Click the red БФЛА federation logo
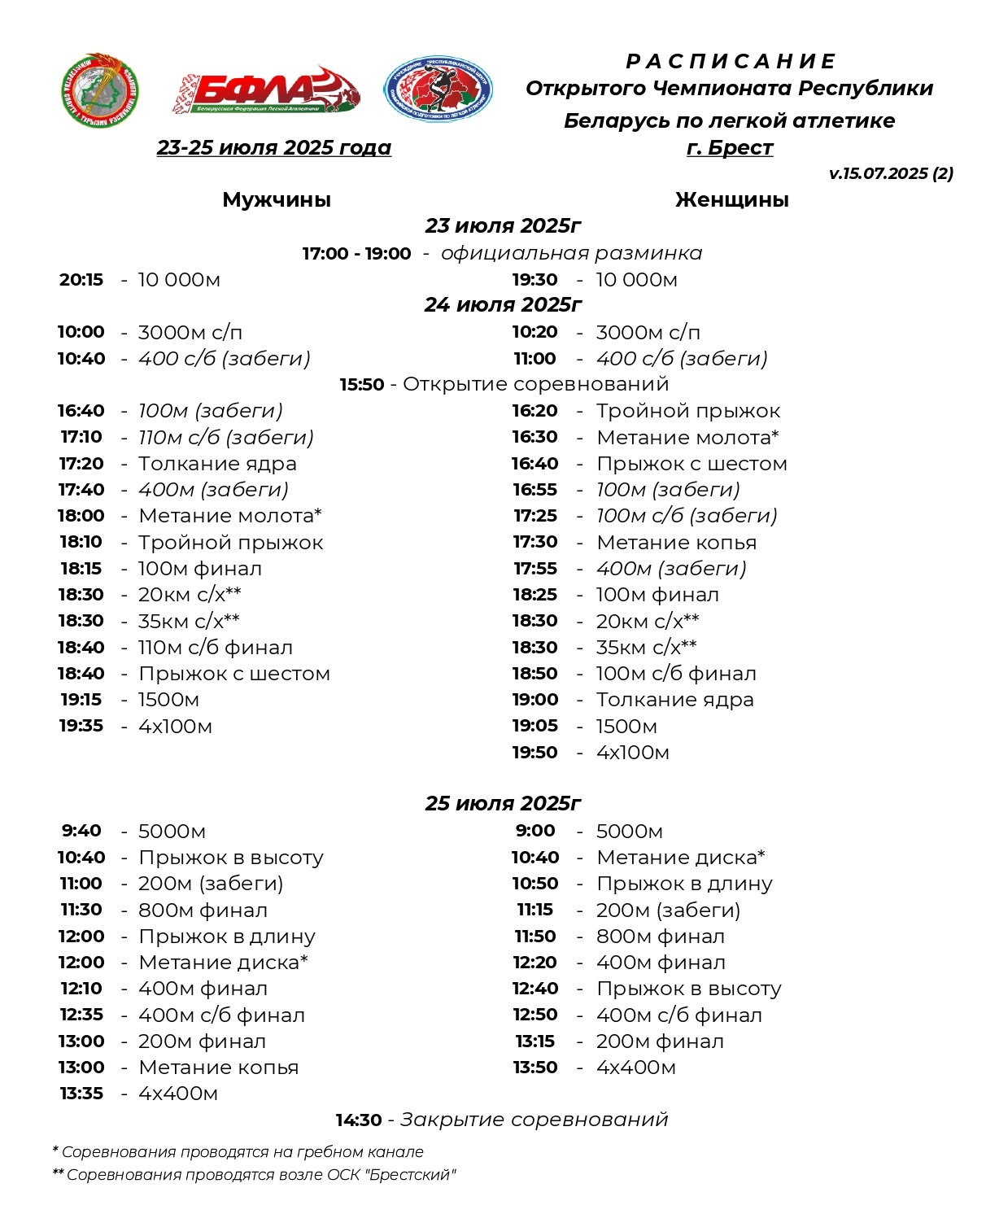(265, 90)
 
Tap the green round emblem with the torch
(99, 90)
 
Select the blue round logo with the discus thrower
(438, 89)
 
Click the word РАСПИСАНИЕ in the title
(730, 62)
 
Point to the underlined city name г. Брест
(730, 148)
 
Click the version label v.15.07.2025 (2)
(891, 173)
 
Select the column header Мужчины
(277, 200)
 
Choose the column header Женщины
(731, 200)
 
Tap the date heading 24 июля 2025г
(503, 305)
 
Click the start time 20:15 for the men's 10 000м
(81, 280)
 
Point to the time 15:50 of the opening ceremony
(361, 384)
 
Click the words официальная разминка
(571, 253)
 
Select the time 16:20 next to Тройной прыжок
(534, 411)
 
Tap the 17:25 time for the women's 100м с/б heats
(534, 516)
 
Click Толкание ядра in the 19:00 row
(674, 700)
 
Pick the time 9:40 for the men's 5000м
(81, 831)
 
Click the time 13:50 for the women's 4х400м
(534, 1068)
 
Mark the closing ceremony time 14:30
(359, 1120)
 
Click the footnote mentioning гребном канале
(238, 1152)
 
